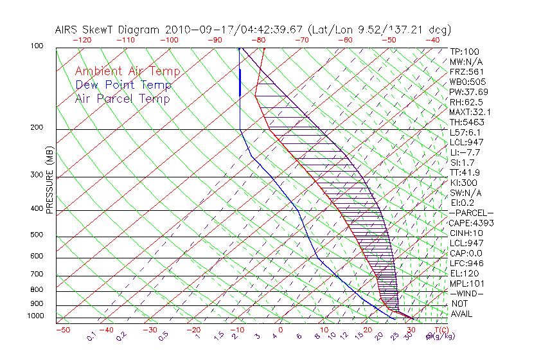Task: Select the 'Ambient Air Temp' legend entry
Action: point(127,71)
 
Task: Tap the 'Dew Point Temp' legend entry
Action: point(123,85)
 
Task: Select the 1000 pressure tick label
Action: point(36,316)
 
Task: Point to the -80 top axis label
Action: point(258,40)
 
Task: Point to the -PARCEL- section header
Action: point(472,213)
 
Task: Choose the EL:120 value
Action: point(463,273)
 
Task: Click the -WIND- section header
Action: point(467,293)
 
